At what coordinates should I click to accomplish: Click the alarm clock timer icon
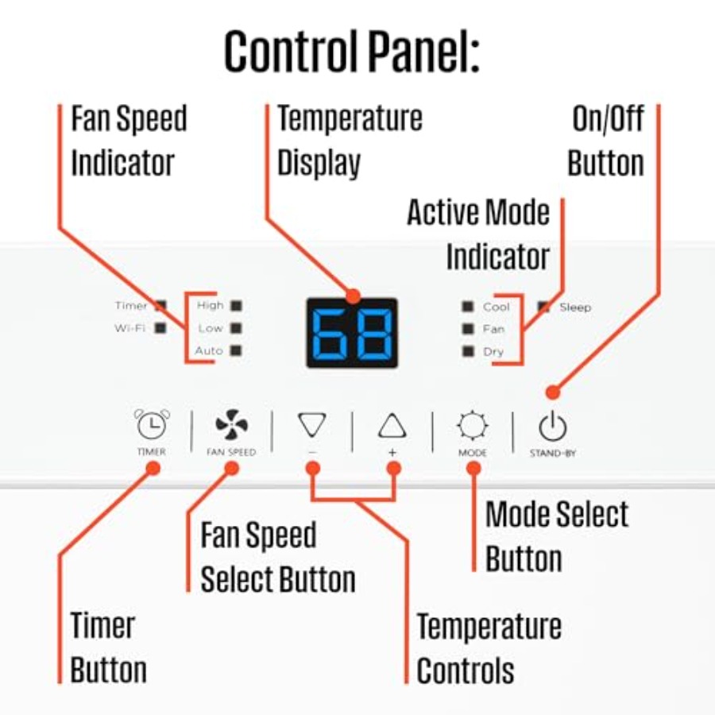point(152,424)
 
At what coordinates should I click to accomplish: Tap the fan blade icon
point(232,424)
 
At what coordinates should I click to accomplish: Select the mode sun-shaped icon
point(473,426)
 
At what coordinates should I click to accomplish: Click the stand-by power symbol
point(553,426)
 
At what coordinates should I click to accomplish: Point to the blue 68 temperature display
point(352,333)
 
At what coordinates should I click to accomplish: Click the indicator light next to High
point(236,305)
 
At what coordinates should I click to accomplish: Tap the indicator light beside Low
point(236,328)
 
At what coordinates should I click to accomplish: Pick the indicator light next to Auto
point(236,350)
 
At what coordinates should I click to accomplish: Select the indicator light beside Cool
point(468,307)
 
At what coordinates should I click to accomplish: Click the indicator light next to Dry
point(468,351)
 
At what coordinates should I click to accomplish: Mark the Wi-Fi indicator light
point(160,327)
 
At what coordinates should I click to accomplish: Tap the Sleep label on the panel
point(575,307)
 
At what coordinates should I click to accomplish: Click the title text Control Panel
point(352,51)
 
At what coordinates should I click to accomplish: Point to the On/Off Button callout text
point(606,141)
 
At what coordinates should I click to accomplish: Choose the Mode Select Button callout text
point(557,536)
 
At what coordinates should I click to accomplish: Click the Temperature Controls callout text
point(489,648)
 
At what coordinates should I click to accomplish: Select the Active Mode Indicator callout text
point(478,234)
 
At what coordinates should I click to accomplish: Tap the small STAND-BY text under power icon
point(553,454)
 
